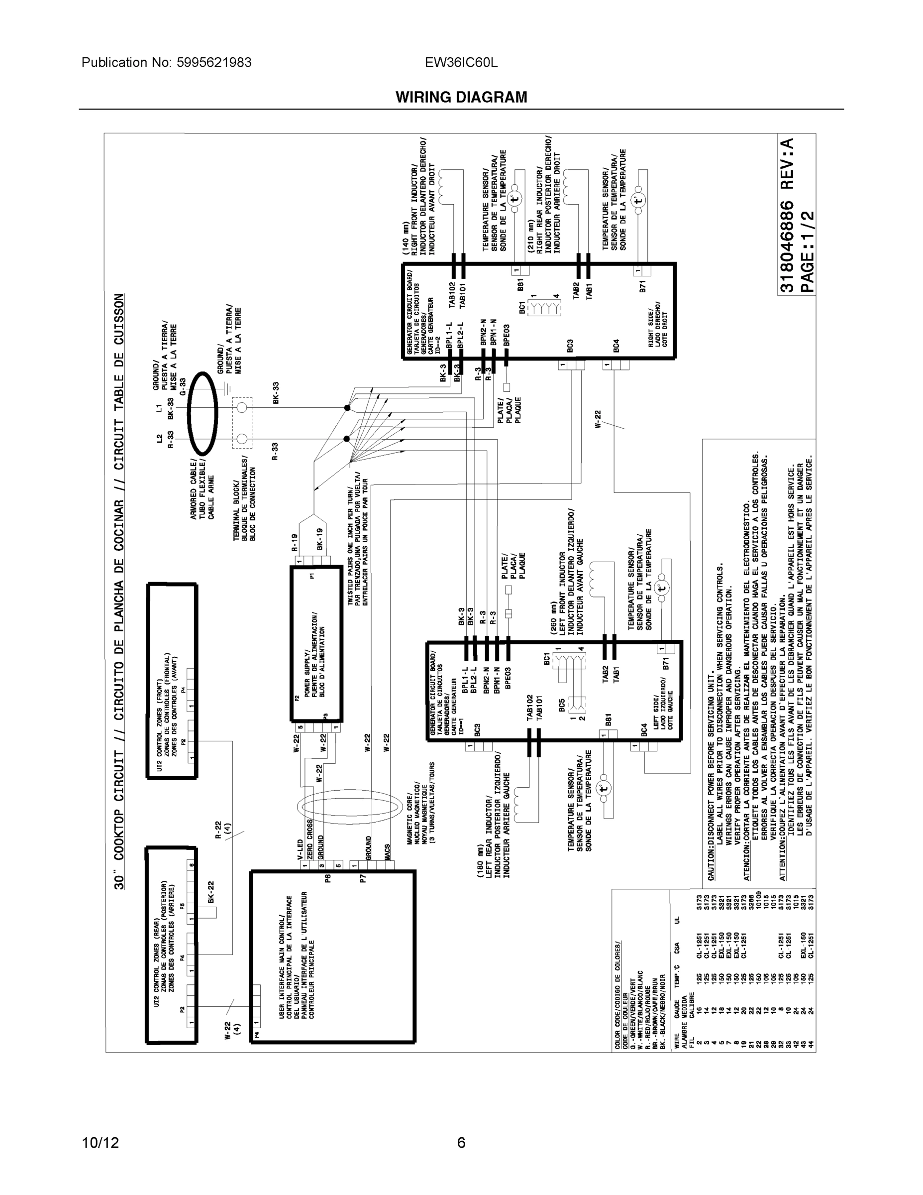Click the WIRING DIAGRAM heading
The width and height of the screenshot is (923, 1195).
click(x=461, y=98)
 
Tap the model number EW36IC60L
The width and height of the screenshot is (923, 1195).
click(x=461, y=62)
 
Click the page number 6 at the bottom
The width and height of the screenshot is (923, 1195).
click(x=461, y=1143)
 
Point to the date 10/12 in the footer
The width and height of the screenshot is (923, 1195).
click(x=100, y=1143)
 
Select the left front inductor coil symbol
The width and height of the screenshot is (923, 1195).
click(x=600, y=579)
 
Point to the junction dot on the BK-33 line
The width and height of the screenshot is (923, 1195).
click(x=347, y=408)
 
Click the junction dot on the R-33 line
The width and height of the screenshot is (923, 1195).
click(x=347, y=439)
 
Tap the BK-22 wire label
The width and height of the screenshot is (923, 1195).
click(x=210, y=891)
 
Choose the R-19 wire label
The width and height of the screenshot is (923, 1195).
click(x=294, y=542)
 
